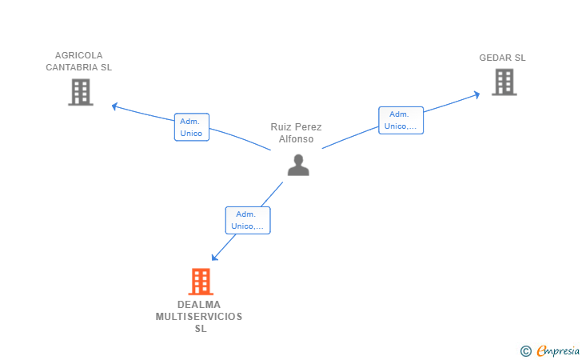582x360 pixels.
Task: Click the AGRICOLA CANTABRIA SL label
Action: [78, 62]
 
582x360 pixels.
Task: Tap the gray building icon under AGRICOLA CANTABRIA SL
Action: [81, 92]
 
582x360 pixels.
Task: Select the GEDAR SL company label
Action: [502, 58]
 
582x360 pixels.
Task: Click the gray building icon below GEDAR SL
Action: [504, 82]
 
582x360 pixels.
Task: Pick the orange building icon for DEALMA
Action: [201, 282]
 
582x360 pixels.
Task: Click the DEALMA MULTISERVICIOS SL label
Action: [199, 317]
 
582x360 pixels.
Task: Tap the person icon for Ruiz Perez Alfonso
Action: [298, 165]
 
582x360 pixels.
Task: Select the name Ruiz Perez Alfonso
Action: [296, 133]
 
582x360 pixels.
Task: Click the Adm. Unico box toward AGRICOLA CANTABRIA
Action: [192, 127]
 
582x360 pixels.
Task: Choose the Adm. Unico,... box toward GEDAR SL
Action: [401, 120]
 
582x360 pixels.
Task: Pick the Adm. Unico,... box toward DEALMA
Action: [248, 220]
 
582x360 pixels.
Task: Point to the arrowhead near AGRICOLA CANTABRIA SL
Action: [115, 106]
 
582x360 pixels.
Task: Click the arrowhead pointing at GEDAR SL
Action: [476, 94]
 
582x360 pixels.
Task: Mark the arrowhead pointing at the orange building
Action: [214, 258]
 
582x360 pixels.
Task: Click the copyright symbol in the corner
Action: [525, 351]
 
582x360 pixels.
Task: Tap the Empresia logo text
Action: [558, 350]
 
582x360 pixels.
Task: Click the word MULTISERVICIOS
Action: [199, 317]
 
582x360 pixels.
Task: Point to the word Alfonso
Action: [296, 139]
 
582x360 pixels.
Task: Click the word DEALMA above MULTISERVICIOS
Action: [199, 305]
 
